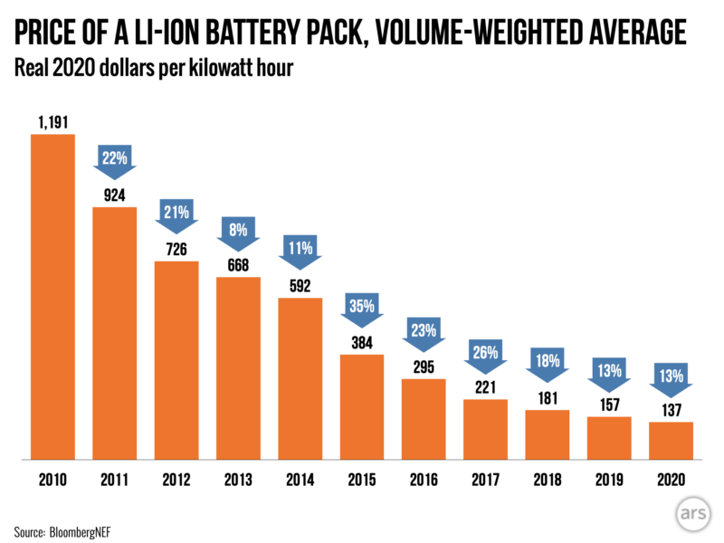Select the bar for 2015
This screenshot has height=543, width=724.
361,407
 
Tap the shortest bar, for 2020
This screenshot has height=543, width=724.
671,442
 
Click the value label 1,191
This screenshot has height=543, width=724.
52,120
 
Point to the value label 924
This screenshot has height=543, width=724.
114,194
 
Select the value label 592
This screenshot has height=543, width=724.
300,285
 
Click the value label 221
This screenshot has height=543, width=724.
485,386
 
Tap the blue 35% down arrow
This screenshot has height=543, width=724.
361,307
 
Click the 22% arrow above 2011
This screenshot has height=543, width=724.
114,158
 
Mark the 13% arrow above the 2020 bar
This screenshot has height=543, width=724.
671,373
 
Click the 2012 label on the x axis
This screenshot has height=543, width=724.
176,480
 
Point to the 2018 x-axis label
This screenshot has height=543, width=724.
547,480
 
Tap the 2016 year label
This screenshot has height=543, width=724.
423,480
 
